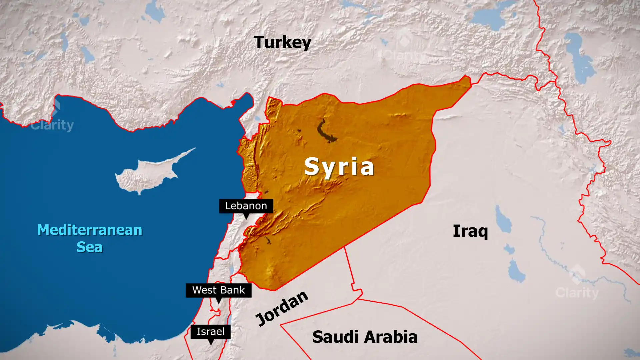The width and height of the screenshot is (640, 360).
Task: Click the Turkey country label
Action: point(282,42)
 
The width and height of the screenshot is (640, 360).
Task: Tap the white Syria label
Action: point(339,166)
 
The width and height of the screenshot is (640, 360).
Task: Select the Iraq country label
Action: point(470,231)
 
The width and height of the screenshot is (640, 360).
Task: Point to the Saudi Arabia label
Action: point(365,337)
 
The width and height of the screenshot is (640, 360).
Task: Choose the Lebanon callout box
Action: point(246,206)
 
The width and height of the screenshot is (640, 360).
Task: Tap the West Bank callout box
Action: point(218,290)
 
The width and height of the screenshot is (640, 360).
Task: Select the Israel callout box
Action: point(210,332)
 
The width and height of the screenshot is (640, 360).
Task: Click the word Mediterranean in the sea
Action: point(90,230)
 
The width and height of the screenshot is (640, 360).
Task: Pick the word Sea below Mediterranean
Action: point(89,247)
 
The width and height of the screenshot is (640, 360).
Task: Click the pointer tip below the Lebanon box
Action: point(246,218)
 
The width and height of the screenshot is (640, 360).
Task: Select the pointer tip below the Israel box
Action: point(210,344)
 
